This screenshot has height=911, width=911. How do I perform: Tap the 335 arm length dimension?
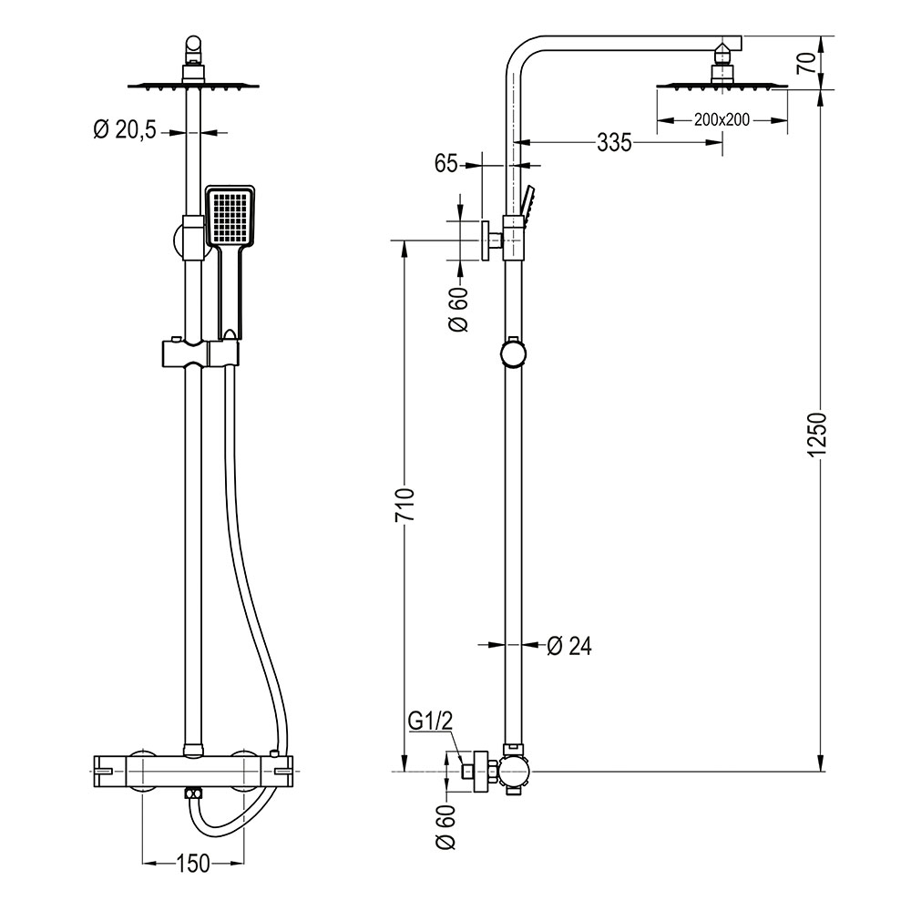(615, 142)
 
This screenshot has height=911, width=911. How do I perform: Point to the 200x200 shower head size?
(721, 119)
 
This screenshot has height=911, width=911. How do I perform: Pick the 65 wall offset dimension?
(445, 164)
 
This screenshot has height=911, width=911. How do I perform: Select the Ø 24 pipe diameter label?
(569, 645)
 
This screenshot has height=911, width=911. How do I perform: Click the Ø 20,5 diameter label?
(125, 131)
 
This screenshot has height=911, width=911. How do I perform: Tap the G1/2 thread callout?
(430, 722)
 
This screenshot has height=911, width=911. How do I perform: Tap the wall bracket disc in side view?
(486, 241)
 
